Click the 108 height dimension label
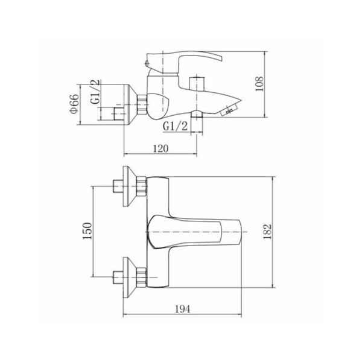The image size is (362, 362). tap(259, 84)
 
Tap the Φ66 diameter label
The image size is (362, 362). tap(74, 104)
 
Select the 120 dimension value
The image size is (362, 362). tap(161, 148)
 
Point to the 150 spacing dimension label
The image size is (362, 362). tap(87, 231)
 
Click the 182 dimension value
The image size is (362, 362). tap(267, 232)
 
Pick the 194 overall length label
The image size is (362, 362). tap(182, 309)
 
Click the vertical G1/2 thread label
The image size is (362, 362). tap(96, 92)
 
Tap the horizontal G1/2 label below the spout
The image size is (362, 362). tap(175, 126)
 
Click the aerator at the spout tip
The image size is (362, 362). tap(229, 110)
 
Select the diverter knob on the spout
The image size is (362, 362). tap(197, 84)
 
